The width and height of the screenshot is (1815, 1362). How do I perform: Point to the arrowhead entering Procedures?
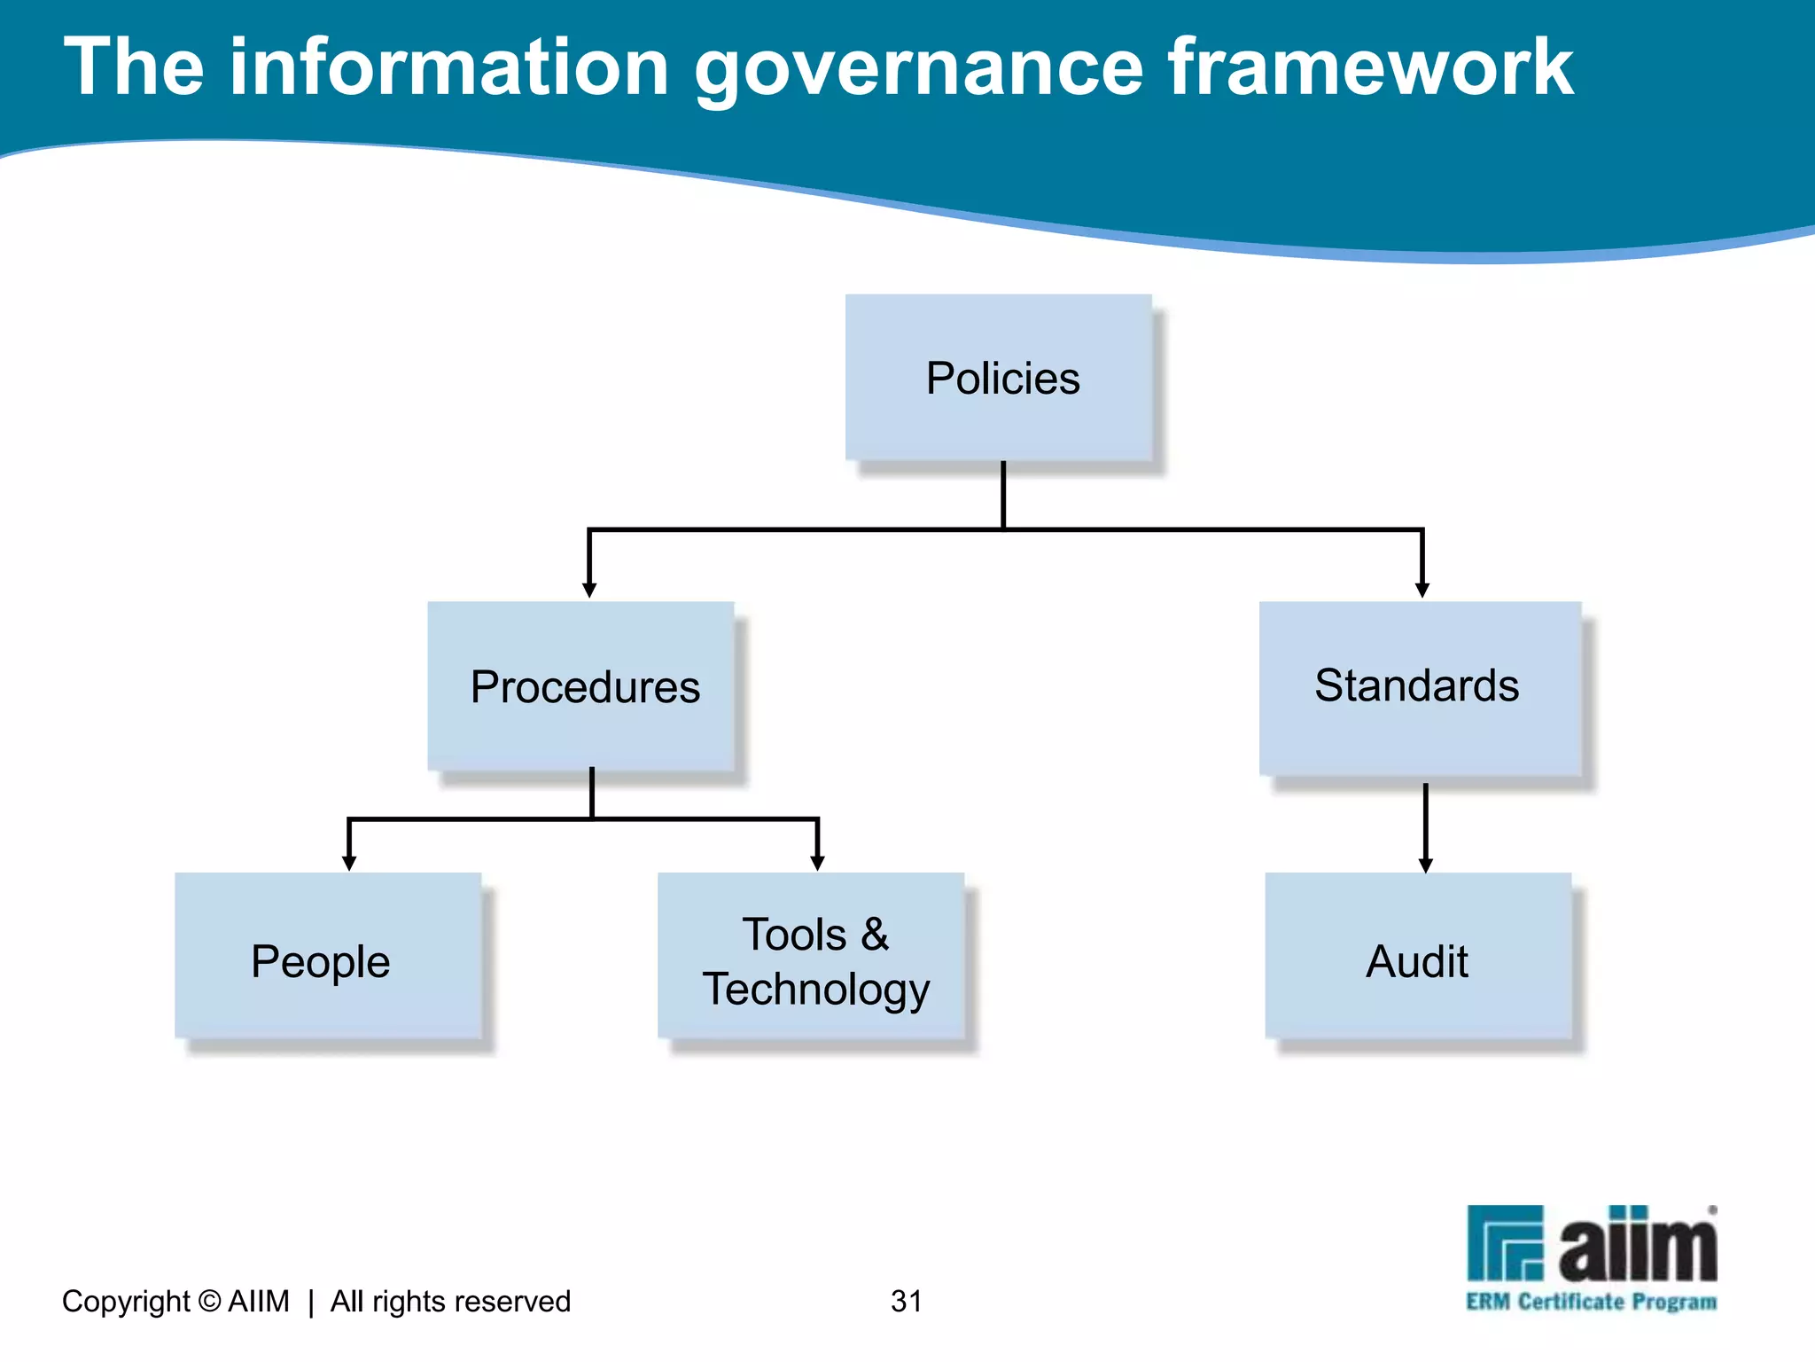(x=589, y=590)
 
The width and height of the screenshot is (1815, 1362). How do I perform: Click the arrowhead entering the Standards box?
(x=1422, y=590)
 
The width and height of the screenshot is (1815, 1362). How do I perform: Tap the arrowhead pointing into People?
(x=349, y=863)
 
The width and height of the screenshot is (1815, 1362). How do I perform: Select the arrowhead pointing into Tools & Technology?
(x=817, y=863)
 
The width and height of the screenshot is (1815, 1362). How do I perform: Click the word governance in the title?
(x=918, y=69)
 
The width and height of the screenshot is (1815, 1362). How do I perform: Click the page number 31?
(x=907, y=1301)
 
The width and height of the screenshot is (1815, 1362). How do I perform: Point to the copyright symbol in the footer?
(x=209, y=1301)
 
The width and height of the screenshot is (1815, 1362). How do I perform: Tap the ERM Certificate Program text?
(x=1591, y=1302)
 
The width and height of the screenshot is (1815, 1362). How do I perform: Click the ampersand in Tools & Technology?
(x=874, y=935)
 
